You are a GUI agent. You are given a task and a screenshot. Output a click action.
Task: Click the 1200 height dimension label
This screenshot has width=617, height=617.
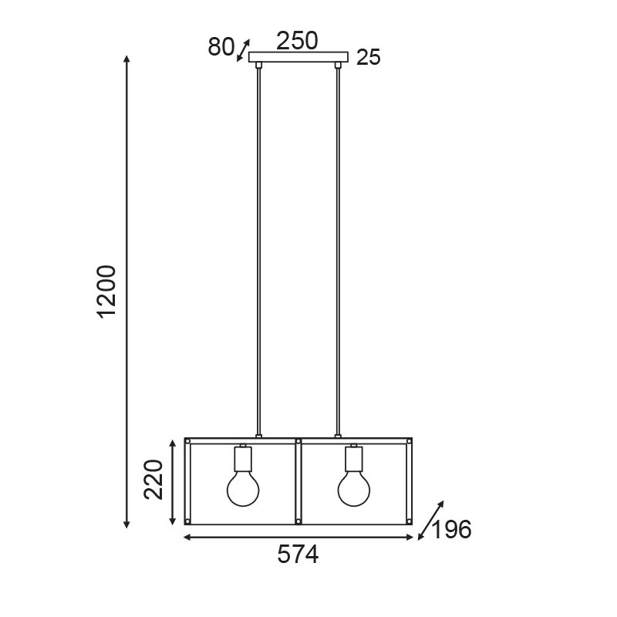click(107, 292)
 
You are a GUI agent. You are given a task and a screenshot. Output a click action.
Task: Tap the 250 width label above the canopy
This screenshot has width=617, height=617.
click(297, 41)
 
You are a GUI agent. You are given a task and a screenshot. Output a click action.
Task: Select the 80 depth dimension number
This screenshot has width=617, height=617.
click(221, 47)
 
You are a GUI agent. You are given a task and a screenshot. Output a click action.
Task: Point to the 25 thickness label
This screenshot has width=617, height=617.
click(369, 57)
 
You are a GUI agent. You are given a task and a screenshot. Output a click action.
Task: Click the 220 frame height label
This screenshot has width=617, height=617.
click(153, 479)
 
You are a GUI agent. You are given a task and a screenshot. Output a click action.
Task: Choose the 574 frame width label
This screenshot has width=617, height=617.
click(298, 555)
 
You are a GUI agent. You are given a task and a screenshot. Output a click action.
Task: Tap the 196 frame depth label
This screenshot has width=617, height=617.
click(451, 529)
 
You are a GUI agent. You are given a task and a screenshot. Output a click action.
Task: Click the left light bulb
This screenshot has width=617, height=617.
click(243, 489)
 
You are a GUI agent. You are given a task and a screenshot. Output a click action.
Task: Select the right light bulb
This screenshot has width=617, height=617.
click(354, 489)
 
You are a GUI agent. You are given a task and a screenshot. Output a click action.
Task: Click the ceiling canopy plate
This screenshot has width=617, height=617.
click(298, 57)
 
